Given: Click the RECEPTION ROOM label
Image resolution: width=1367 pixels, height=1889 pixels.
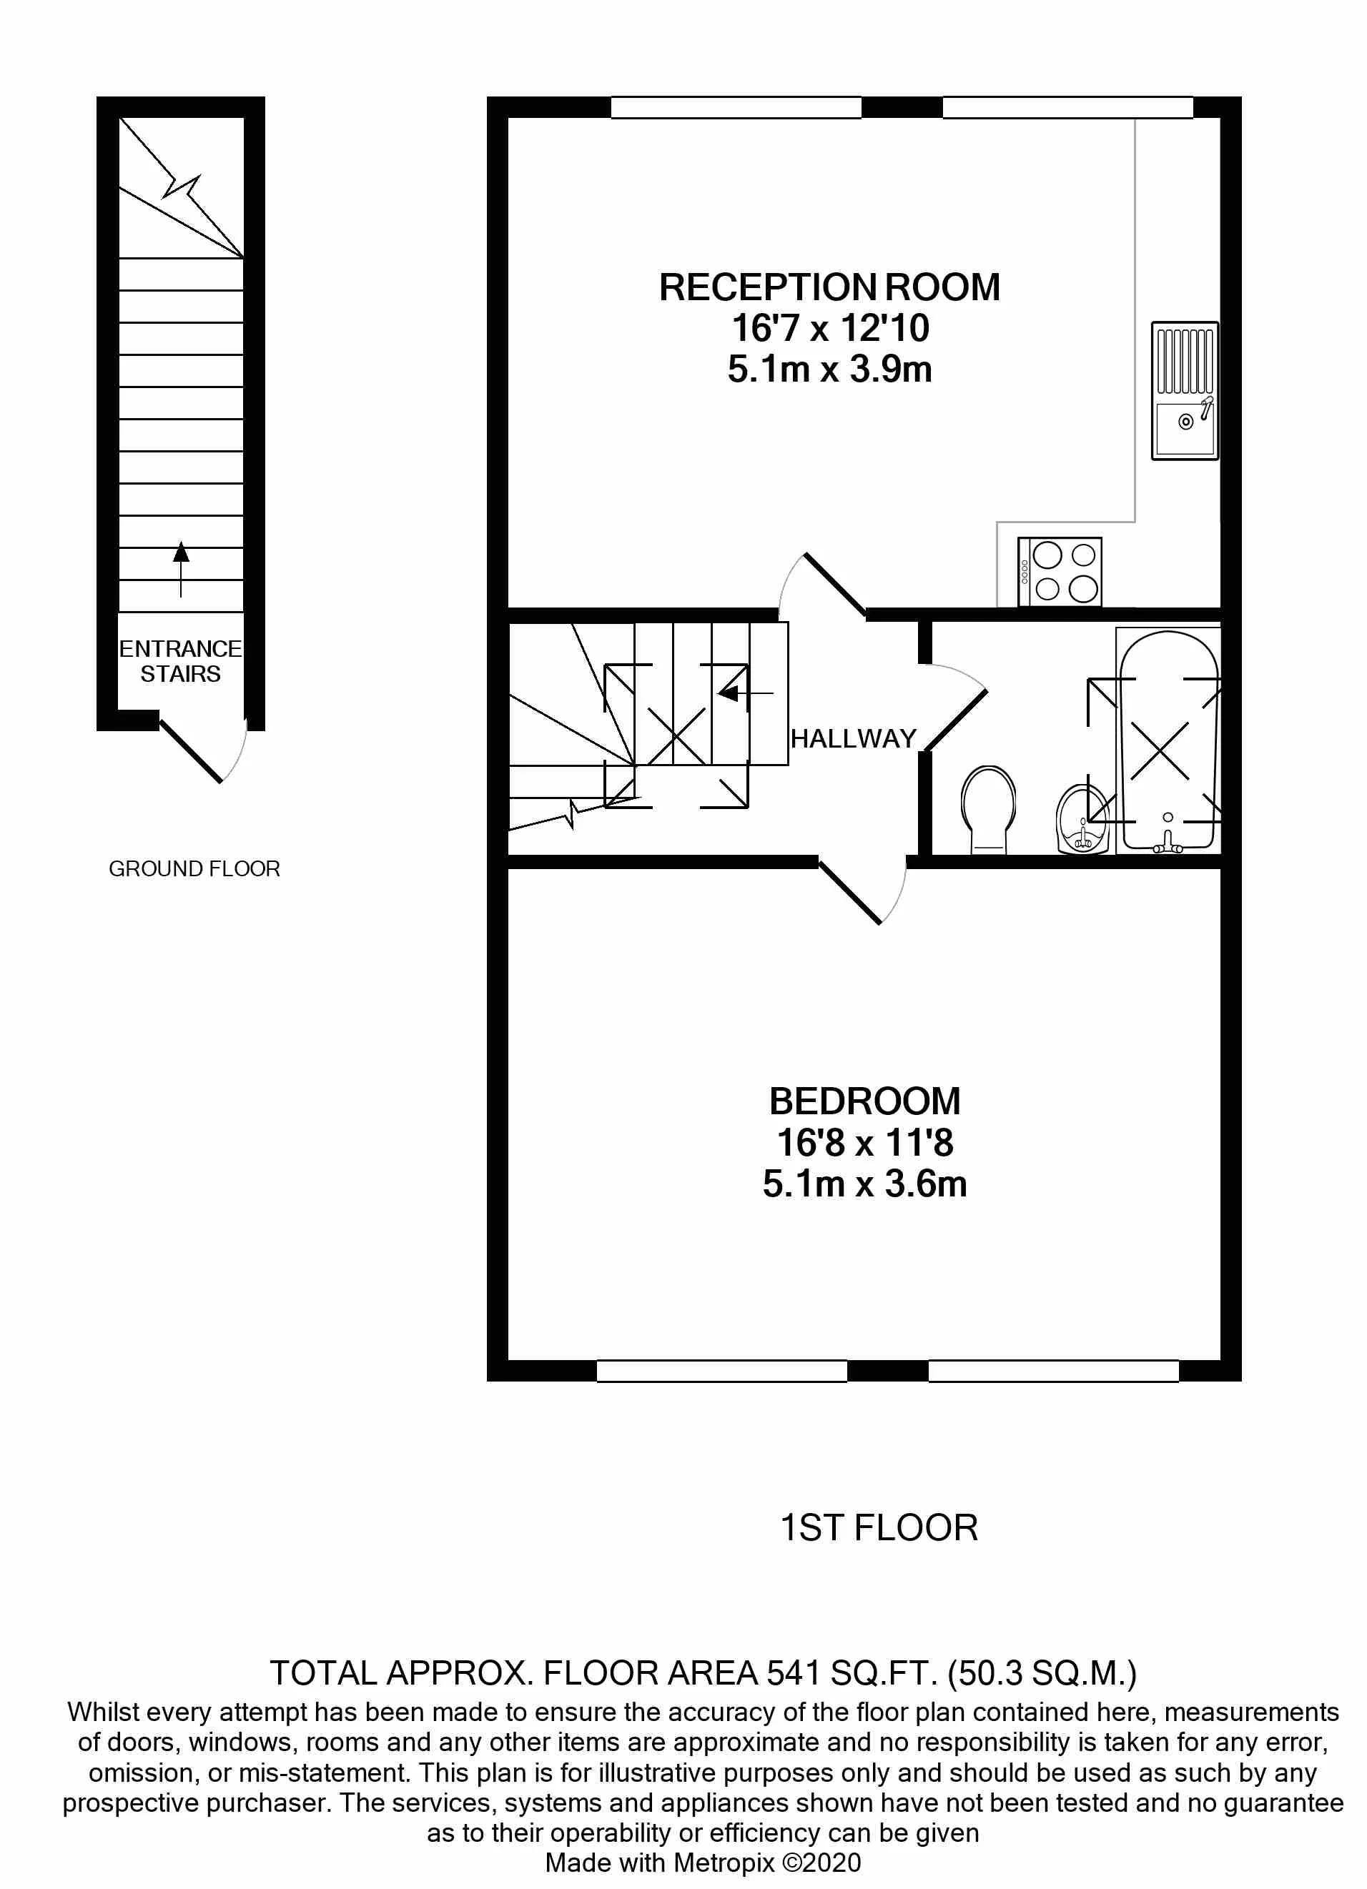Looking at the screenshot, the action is coord(829,287).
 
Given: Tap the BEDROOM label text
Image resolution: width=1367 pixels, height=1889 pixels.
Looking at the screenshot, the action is coord(864,1101).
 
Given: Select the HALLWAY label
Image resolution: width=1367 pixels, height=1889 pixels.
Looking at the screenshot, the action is coord(853,739).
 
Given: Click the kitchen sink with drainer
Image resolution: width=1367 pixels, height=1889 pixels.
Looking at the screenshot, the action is coord(1184,391).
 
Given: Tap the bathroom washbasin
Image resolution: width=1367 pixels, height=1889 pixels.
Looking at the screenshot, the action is coord(1083,820).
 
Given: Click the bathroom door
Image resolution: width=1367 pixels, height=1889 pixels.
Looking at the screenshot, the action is coord(954,708).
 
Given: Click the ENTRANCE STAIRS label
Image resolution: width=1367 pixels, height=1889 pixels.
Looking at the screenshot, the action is coord(180,661).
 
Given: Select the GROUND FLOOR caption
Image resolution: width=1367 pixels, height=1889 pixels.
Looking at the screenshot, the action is coord(194,868).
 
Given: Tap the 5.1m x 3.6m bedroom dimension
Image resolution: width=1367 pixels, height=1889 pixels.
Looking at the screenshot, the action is coord(864,1184).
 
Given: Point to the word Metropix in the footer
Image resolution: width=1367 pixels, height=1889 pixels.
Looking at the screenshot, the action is coord(724,1863).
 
